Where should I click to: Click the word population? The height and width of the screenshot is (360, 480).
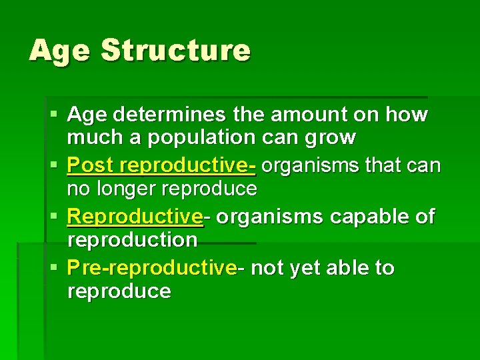click(200, 139)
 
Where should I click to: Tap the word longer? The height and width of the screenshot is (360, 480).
click(132, 189)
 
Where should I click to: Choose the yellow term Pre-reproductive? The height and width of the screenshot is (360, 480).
click(152, 268)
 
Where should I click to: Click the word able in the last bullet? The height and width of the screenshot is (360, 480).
click(353, 268)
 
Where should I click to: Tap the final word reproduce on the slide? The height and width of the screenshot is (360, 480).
click(119, 291)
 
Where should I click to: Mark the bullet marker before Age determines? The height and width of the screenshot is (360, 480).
click(55, 115)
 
